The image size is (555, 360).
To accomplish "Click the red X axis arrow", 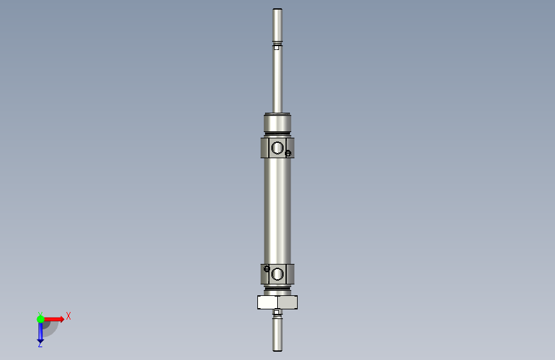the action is (53, 319).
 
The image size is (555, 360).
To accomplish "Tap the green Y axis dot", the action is (40, 319).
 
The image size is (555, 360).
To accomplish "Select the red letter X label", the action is (68, 316).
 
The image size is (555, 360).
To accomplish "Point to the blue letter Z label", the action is (40, 344).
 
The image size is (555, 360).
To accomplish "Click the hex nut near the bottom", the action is (278, 302).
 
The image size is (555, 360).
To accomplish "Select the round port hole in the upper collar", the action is (278, 148).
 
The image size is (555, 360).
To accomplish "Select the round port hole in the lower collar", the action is (277, 274).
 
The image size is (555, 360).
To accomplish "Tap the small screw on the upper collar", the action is (288, 154).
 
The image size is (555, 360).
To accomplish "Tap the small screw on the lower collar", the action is (266, 268).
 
